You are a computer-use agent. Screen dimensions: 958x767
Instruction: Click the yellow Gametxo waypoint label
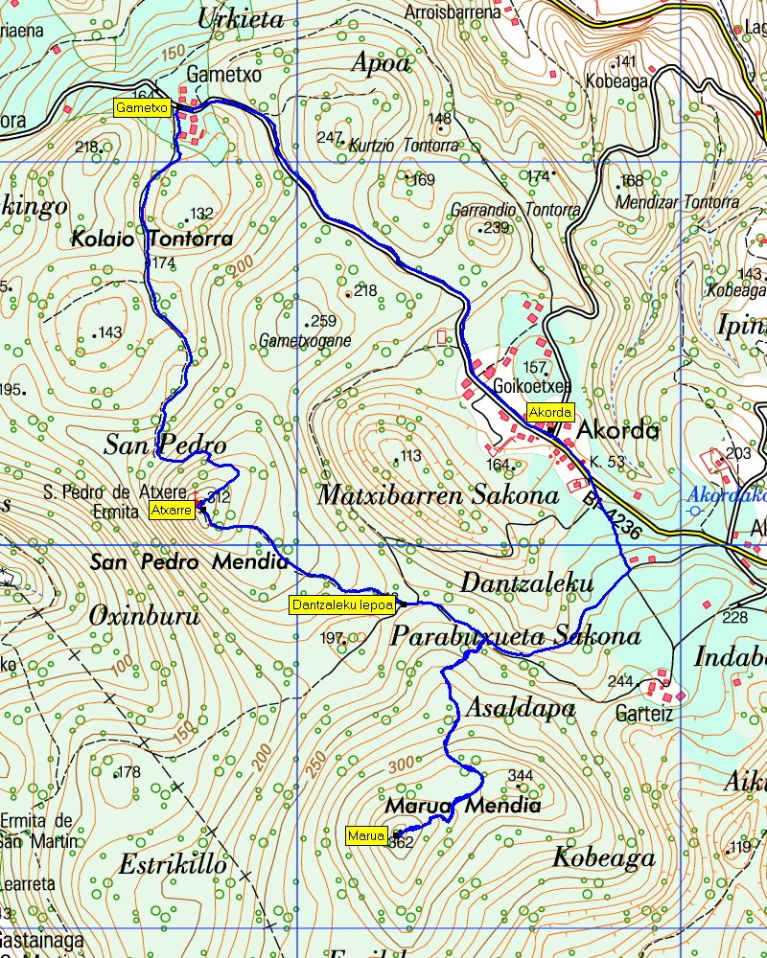[142, 108]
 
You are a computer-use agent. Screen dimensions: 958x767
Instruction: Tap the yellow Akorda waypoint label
[550, 413]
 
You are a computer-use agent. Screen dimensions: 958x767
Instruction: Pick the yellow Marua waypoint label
[365, 836]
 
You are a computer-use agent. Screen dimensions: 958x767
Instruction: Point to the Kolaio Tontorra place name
[151, 239]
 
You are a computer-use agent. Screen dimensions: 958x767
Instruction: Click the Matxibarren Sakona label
[438, 495]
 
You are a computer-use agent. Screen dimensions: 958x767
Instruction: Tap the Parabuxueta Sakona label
[516, 637]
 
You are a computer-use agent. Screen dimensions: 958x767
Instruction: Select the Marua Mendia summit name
[463, 806]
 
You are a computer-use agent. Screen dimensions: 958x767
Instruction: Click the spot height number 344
[520, 775]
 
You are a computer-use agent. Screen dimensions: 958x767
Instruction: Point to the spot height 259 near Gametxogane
[324, 322]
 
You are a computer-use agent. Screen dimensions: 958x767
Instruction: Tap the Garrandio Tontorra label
[515, 210]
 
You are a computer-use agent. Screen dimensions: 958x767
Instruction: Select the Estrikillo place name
[173, 865]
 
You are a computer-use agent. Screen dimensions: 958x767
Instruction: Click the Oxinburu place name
[144, 617]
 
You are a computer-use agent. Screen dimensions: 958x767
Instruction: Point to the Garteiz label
[644, 714]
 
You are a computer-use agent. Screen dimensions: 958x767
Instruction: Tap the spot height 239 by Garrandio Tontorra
[496, 228]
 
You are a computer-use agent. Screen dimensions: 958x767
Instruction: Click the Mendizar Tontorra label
[677, 203]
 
